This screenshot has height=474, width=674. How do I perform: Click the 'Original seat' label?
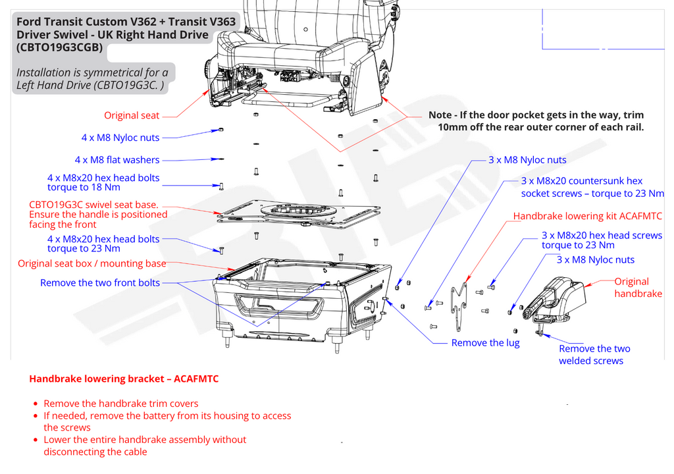point(132,116)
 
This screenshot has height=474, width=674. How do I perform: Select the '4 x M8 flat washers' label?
point(117,160)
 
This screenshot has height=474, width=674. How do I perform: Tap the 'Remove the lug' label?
point(485,343)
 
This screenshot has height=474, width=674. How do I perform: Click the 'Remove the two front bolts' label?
point(100,283)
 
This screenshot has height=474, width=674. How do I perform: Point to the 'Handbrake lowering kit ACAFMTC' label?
point(587,216)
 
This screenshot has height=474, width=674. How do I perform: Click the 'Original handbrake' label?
point(638,288)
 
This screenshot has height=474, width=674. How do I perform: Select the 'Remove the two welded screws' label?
point(594,355)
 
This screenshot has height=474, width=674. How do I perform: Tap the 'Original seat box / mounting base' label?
point(92,264)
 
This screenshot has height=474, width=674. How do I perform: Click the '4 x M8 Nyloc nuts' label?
point(120,138)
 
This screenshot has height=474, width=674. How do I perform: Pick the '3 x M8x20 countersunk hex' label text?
point(581,181)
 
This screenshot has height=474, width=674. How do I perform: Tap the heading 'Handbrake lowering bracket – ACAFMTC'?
point(124,379)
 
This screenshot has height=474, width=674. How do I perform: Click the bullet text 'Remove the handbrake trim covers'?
point(120,404)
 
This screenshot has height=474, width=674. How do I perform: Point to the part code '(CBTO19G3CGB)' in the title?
point(59,47)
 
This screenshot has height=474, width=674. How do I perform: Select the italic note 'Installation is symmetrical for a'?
point(92,72)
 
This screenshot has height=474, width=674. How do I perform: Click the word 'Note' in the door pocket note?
point(440,115)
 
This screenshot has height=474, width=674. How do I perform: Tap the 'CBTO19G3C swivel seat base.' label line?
point(93,205)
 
